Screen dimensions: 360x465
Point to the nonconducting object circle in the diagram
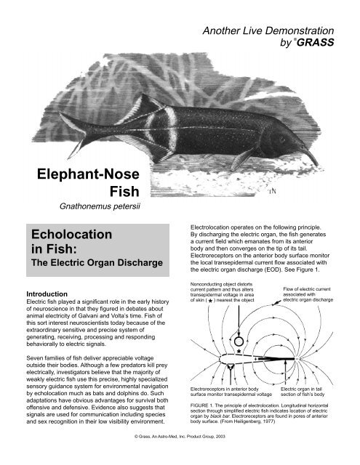coord(238,339)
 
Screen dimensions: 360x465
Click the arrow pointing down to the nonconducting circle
coord(238,319)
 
